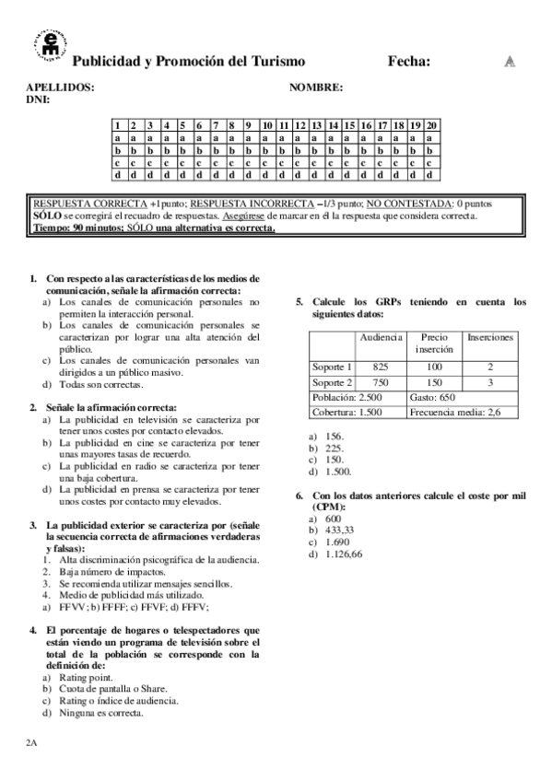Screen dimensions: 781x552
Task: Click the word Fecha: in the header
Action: click(x=408, y=62)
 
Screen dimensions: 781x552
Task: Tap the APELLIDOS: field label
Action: click(x=60, y=87)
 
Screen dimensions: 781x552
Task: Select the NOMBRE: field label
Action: click(x=316, y=87)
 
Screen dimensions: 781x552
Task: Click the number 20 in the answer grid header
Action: click(x=432, y=125)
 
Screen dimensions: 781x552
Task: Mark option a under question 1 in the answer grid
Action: click(x=118, y=137)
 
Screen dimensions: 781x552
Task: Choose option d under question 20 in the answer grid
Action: click(x=432, y=173)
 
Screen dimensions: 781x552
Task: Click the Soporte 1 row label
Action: click(x=332, y=367)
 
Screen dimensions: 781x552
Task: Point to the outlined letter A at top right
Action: click(x=509, y=62)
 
